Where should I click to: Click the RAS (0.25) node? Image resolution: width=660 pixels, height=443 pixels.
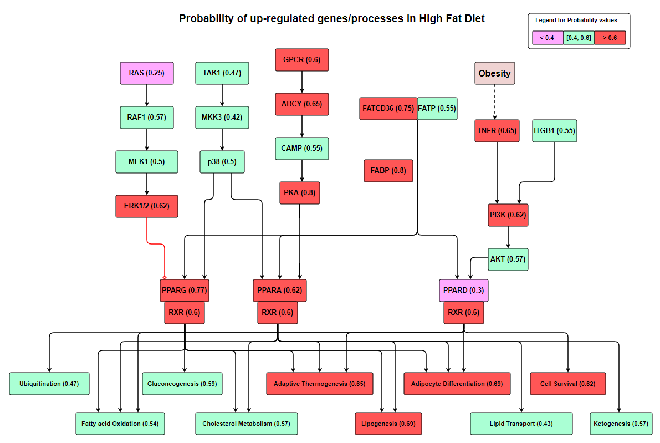(x=146, y=73)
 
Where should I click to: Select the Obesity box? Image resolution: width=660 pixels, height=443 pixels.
(x=494, y=73)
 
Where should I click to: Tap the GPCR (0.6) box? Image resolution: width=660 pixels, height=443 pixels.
(x=302, y=59)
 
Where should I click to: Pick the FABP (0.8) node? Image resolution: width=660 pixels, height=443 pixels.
(x=388, y=171)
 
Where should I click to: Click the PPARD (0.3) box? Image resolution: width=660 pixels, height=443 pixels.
(x=463, y=290)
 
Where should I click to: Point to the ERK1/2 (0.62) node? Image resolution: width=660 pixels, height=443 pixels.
(x=146, y=206)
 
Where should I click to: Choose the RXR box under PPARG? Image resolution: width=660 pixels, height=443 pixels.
(x=185, y=313)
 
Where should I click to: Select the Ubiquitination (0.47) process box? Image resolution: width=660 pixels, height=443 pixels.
(x=49, y=384)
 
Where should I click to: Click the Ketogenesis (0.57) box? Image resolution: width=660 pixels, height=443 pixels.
(x=621, y=424)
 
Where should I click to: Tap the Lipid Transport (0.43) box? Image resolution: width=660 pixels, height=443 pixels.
(x=521, y=424)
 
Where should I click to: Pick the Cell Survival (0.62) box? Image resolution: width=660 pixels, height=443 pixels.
(x=568, y=384)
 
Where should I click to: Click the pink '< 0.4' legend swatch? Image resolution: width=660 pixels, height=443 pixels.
(x=547, y=38)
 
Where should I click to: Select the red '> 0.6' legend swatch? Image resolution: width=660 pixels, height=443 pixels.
(x=610, y=38)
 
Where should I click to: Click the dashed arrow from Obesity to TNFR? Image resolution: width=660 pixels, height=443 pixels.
(x=495, y=102)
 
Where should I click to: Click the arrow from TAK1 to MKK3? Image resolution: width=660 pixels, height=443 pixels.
(x=222, y=95)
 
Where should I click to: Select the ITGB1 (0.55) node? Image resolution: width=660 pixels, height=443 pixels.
(x=554, y=130)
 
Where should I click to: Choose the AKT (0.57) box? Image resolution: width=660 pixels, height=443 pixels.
(x=508, y=259)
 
